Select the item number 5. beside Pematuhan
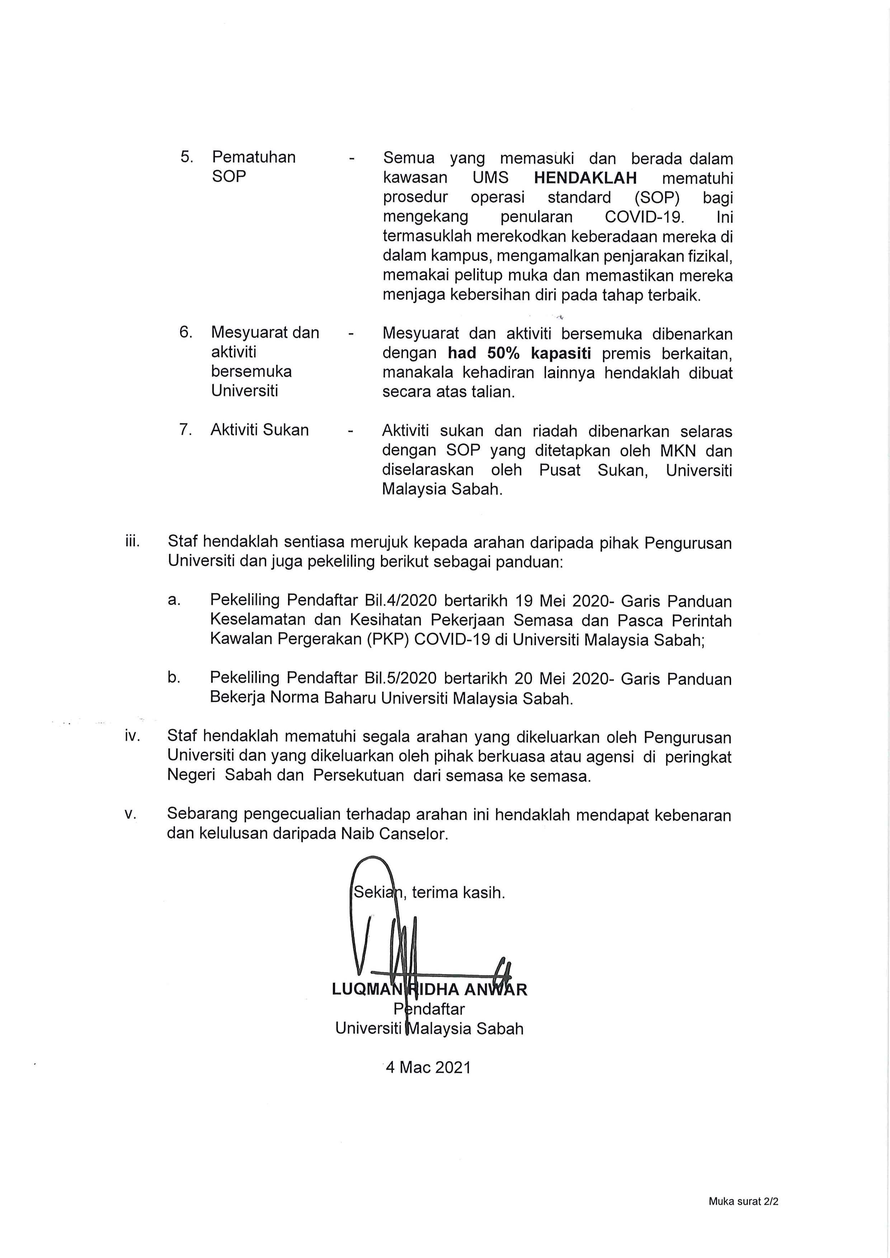[x=187, y=157]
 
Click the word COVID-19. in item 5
[x=645, y=217]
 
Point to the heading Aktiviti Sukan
[x=260, y=430]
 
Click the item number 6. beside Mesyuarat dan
[x=186, y=332]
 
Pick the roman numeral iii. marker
[x=133, y=542]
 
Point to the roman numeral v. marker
[x=131, y=814]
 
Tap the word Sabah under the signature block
[x=500, y=1028]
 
